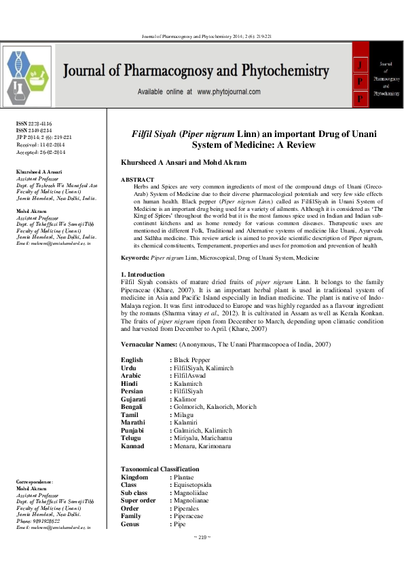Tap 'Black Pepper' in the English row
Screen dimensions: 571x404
[191, 359]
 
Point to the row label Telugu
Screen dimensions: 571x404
[133, 438]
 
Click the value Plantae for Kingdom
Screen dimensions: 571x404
[185, 478]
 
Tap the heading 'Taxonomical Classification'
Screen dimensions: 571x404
[160, 469]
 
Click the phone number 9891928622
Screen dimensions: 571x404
[51, 520]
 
